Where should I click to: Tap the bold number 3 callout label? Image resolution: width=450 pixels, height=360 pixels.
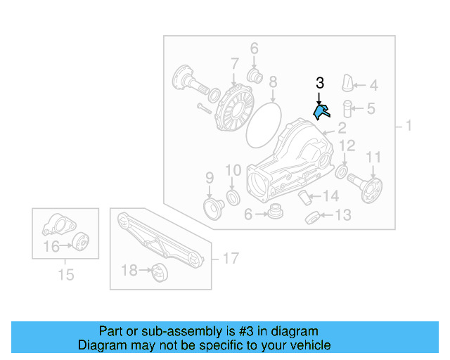pyautogui.click(x=320, y=83)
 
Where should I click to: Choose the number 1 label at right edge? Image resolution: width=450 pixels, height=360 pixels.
pyautogui.click(x=409, y=127)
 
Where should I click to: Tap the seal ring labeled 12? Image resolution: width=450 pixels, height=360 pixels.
pyautogui.click(x=341, y=172)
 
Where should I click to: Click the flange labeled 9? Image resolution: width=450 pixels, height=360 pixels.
pyautogui.click(x=210, y=207)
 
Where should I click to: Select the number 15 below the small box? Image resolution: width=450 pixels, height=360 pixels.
pyautogui.click(x=65, y=274)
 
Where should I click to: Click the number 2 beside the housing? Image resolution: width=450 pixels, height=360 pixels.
pyautogui.click(x=342, y=127)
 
